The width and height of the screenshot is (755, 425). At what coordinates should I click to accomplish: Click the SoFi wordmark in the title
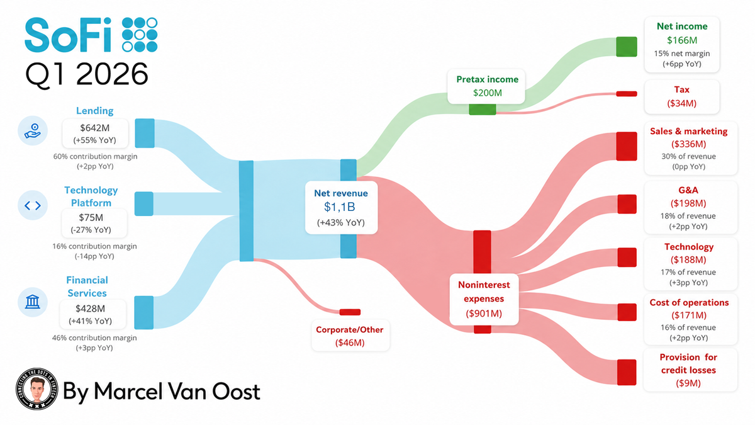click(x=68, y=35)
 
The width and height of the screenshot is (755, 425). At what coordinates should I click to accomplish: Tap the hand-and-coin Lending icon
click(x=33, y=131)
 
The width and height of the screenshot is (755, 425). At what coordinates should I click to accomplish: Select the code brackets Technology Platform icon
click(x=33, y=205)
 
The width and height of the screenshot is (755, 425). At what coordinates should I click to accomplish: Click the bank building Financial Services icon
click(x=33, y=302)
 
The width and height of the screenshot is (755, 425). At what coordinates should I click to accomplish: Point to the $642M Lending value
click(x=95, y=128)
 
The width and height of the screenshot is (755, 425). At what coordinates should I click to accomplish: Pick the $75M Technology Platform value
click(x=91, y=218)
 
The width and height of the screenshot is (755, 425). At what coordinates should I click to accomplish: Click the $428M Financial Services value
click(x=90, y=309)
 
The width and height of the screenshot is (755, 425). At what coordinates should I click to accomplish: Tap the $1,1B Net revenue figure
click(x=339, y=207)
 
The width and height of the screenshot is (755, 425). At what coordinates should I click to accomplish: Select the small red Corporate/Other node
click(x=350, y=312)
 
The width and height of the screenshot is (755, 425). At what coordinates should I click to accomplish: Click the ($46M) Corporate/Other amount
click(x=350, y=343)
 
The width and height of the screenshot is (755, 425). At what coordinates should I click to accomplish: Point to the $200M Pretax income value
click(x=488, y=93)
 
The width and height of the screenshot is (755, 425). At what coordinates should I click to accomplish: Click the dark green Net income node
click(x=627, y=47)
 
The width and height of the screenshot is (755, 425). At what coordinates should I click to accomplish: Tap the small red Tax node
click(x=627, y=94)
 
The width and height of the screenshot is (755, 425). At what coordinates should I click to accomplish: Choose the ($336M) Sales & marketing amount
click(x=688, y=144)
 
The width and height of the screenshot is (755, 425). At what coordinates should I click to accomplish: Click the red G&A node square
click(x=627, y=204)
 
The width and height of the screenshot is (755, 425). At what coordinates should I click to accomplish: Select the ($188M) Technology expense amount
click(x=688, y=259)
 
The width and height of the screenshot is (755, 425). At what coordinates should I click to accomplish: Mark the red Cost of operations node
click(x=627, y=312)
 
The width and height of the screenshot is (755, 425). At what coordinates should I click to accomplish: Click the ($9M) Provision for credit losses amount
click(x=688, y=383)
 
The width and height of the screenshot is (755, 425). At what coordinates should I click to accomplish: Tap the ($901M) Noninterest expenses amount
click(x=484, y=314)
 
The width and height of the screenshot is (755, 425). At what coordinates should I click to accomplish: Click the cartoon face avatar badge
click(x=36, y=389)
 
